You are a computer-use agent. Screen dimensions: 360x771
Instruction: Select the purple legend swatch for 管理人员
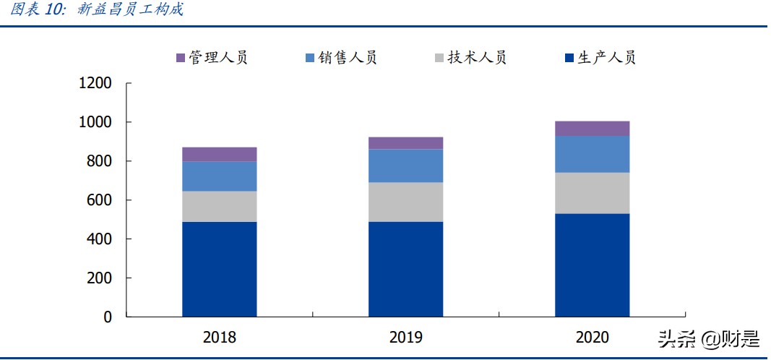click(181, 58)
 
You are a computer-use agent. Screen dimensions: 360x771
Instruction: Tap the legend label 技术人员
click(477, 58)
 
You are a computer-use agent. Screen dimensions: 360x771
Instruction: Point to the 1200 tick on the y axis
click(95, 83)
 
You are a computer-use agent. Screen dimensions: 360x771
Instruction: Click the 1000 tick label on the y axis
click(95, 122)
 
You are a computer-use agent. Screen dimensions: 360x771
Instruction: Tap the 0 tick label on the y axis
click(108, 317)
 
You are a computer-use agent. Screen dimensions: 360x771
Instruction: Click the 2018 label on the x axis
click(219, 337)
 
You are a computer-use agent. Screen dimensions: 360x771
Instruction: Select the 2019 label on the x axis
click(405, 337)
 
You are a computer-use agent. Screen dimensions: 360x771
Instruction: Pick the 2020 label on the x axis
click(592, 337)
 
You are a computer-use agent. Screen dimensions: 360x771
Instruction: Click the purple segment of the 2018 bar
click(219, 154)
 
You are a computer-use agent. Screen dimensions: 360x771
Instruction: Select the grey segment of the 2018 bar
click(219, 206)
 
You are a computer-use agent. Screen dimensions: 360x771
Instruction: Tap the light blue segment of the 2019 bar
click(405, 166)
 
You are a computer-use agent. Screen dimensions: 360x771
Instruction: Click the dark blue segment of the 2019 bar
click(405, 269)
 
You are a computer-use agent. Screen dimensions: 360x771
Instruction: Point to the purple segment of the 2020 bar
click(592, 128)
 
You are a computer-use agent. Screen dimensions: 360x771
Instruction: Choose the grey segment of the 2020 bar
click(592, 193)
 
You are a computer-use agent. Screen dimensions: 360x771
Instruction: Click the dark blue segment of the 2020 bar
click(592, 265)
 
